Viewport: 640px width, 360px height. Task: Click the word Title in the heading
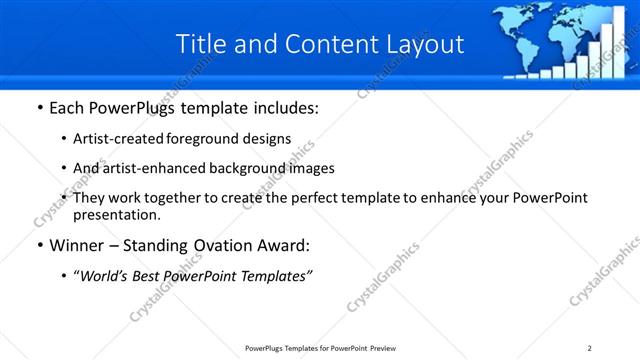tap(200, 45)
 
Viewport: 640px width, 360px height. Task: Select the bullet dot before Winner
tap(38, 246)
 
